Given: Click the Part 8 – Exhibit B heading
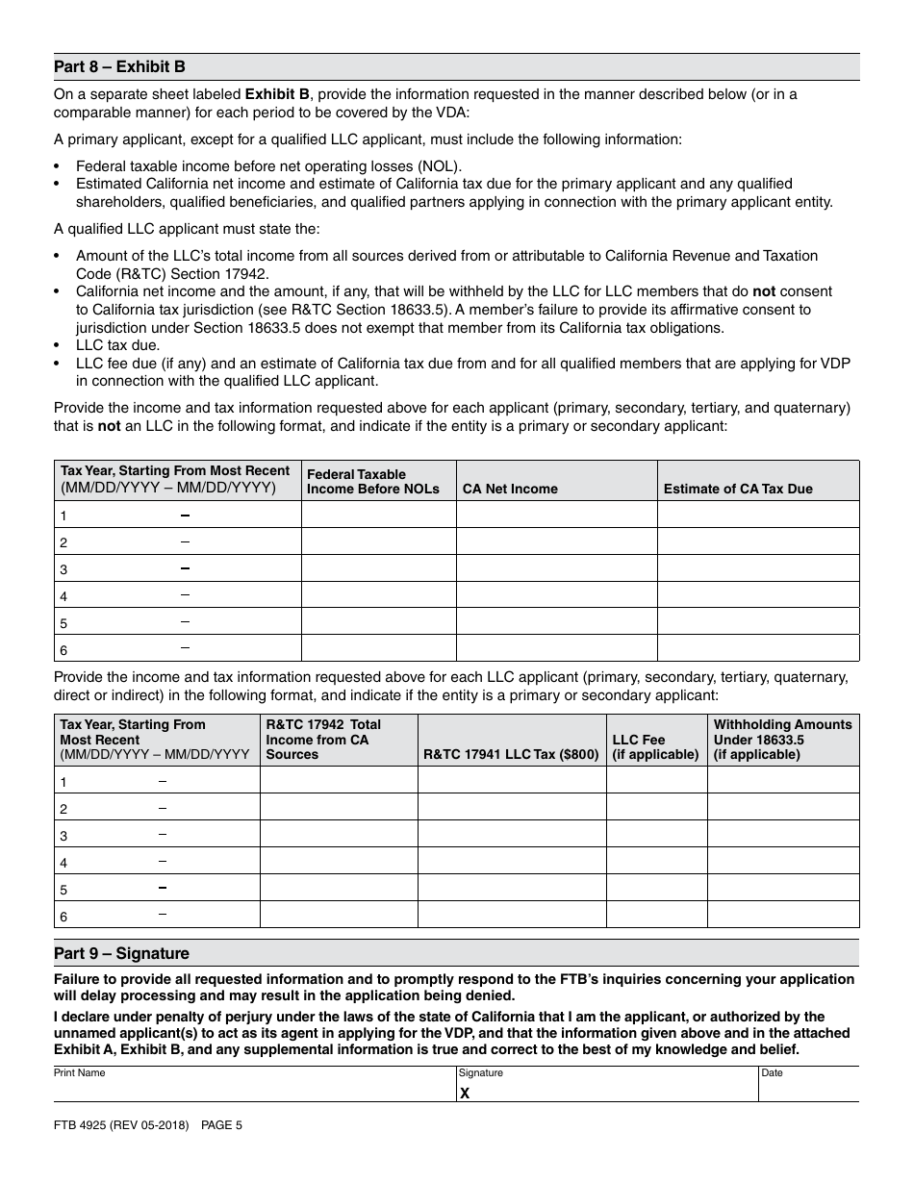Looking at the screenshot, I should [x=119, y=67].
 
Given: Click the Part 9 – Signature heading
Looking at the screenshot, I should [x=121, y=953].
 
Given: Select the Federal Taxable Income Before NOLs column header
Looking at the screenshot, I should [x=372, y=481].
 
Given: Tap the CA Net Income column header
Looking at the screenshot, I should [x=510, y=489].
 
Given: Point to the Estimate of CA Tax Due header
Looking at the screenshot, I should [x=737, y=489].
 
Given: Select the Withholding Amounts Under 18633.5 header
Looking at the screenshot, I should [x=782, y=739].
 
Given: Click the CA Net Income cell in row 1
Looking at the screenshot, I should [x=555, y=515].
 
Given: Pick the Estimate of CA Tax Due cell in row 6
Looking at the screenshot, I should [x=757, y=648].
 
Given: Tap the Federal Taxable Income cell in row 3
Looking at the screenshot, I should [x=378, y=568].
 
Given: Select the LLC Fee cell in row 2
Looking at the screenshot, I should [x=656, y=807].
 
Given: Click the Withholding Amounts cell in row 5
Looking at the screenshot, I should [x=782, y=888].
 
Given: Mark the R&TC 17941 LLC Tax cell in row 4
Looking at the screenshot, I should [x=511, y=861].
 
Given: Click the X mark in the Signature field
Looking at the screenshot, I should [x=465, y=1093].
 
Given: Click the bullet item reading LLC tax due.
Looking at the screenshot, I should [x=117, y=344].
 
